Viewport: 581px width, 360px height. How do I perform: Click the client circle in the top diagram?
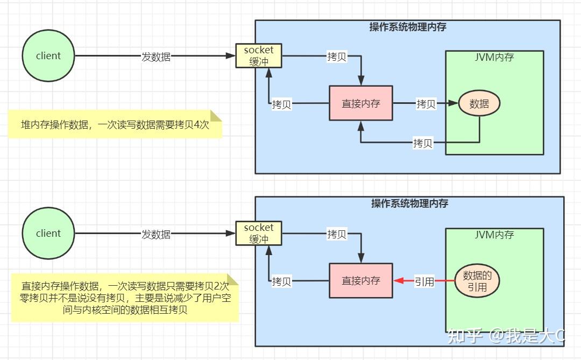point(48,56)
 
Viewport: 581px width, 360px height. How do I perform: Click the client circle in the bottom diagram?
point(48,234)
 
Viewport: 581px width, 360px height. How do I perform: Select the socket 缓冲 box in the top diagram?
point(259,56)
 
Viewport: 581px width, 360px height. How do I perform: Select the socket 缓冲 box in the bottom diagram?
point(259,234)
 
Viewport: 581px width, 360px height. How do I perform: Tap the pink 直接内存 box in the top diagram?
point(361,103)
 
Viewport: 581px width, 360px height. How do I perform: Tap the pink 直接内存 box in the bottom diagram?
point(361,280)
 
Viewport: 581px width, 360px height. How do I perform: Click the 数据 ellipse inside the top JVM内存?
point(479,104)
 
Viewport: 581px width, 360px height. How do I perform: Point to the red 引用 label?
point(424,281)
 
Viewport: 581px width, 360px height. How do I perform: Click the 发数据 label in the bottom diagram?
point(156,234)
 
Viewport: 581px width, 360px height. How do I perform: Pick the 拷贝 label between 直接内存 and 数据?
point(426,104)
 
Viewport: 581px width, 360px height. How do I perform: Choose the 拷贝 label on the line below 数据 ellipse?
point(423,143)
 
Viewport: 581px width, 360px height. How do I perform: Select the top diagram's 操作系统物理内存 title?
point(408,27)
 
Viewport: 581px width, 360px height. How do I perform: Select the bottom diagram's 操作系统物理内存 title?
point(409,203)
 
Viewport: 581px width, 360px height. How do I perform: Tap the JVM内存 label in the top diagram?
point(494,57)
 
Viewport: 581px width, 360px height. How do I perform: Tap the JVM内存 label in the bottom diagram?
point(494,235)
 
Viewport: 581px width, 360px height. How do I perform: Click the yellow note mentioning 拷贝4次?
point(115,125)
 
